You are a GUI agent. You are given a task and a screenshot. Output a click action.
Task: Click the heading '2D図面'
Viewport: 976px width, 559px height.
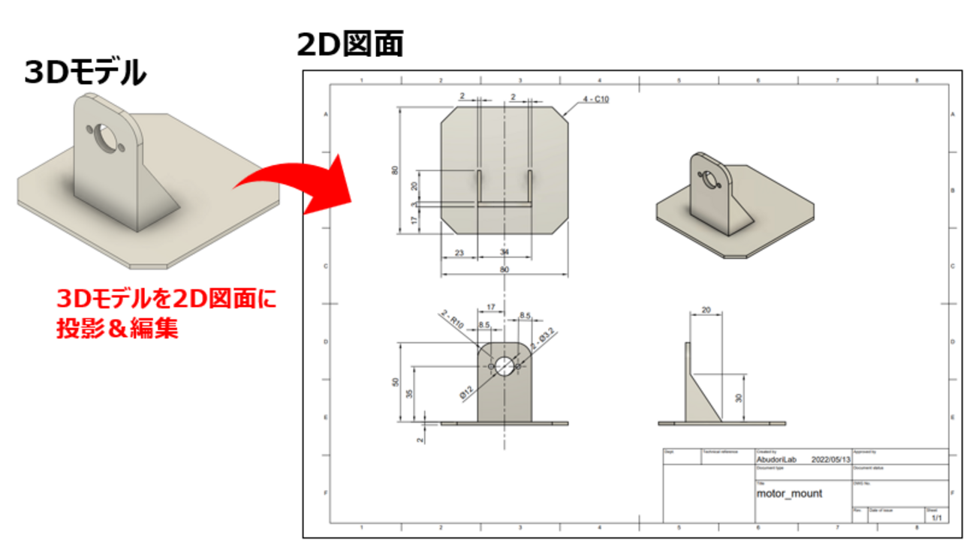tap(350, 44)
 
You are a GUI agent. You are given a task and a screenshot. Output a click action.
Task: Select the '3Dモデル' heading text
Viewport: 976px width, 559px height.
tap(85, 74)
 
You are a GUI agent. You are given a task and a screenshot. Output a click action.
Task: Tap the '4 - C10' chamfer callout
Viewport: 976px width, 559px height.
tap(594, 99)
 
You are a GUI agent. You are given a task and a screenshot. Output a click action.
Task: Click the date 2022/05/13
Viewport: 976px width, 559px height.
tap(831, 459)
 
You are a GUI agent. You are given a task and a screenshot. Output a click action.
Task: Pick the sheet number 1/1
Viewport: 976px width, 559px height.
tap(936, 518)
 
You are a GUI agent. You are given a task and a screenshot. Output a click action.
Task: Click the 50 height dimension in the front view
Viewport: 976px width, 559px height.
tap(396, 382)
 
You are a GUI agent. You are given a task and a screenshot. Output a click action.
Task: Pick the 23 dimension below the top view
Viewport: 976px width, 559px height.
tap(459, 253)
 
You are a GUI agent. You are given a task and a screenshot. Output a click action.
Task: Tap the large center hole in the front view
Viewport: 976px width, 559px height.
tap(505, 365)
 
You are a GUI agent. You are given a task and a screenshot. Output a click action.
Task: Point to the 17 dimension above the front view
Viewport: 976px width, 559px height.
tap(491, 307)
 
